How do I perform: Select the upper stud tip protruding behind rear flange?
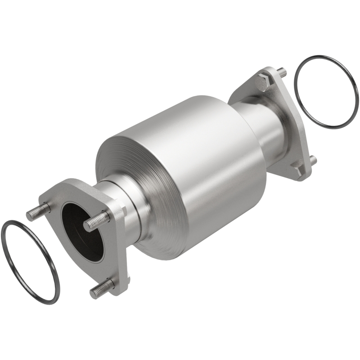(x=281, y=71)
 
